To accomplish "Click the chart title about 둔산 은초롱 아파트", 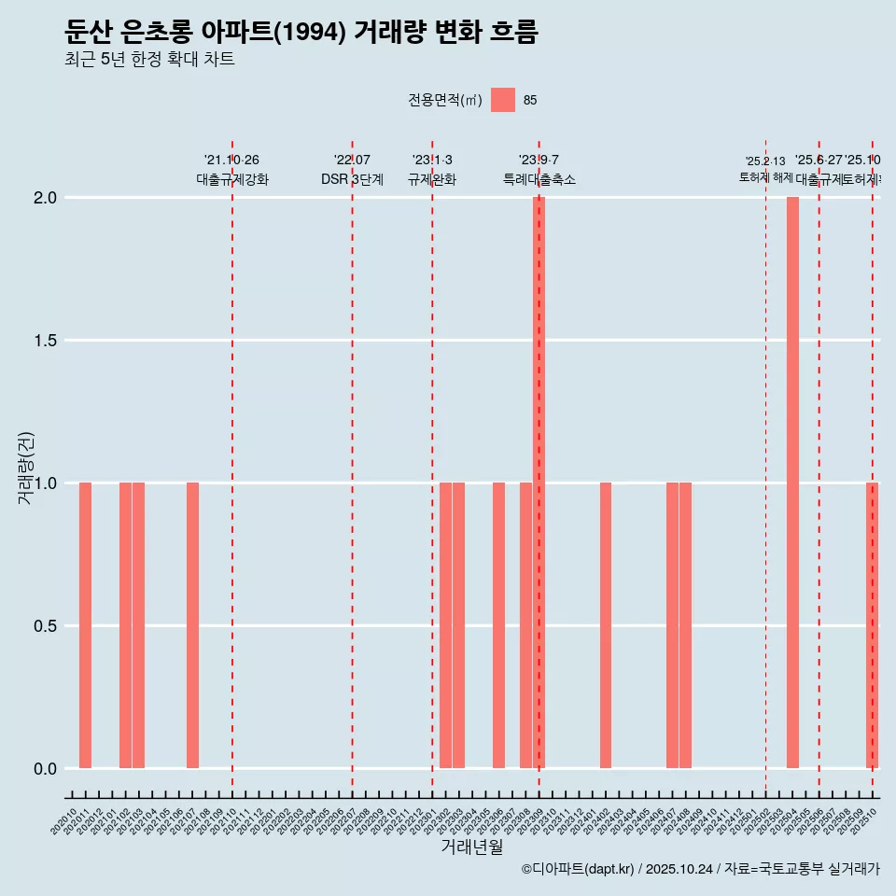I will point(301,33).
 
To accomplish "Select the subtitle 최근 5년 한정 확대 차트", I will point(149,60).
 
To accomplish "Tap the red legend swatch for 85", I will point(502,100).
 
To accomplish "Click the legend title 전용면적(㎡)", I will point(444,100).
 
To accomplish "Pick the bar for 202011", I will point(85,625).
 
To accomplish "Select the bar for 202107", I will point(192,625).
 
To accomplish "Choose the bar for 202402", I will point(606,625).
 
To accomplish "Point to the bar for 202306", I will point(498,625).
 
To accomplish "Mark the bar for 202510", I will point(873,625).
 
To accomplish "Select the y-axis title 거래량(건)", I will point(25,468).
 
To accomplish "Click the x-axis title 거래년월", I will point(471,847).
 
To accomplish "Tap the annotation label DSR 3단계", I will point(352,179).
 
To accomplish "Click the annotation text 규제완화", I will point(432,179).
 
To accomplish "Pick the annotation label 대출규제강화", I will point(232,179).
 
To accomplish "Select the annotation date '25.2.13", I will point(765,161).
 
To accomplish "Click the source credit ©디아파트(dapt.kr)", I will point(579,869).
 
